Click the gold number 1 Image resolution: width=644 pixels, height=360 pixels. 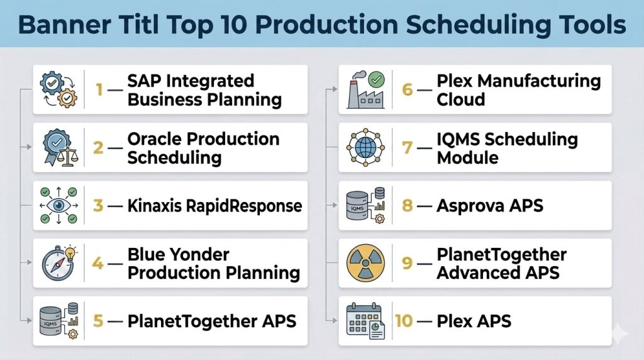(99, 89)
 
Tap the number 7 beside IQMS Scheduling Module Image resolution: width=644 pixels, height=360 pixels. (407, 147)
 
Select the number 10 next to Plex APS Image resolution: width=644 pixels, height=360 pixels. (404, 321)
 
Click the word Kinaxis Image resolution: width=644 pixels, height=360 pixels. (155, 205)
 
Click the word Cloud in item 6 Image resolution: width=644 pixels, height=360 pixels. (461, 99)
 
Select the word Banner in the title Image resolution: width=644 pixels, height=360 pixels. (64, 25)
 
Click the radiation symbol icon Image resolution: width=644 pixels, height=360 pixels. (365, 263)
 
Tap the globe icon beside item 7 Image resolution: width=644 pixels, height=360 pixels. (365, 147)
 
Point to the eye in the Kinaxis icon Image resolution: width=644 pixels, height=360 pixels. (58, 205)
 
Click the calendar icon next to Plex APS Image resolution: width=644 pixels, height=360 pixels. (365, 321)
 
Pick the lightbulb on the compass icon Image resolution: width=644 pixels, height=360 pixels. (71, 252)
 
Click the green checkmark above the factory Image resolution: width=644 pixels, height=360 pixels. (377, 79)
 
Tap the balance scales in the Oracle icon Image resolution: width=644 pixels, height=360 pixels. (67, 157)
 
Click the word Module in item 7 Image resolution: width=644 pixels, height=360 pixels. (467, 158)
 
